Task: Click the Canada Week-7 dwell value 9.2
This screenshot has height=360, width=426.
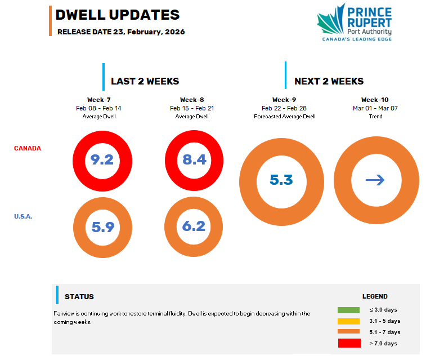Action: coord(102,159)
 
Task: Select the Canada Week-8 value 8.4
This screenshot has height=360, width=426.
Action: coord(195,159)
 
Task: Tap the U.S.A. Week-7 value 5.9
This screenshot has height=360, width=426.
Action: coord(103,227)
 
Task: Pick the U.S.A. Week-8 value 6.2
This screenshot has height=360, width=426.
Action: coord(194,226)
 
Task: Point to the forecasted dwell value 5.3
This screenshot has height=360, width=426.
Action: coord(281,180)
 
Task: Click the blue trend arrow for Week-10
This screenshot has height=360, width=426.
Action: coord(375,180)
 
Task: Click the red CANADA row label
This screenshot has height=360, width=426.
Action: coord(28,148)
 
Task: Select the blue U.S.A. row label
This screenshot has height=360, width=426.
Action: coord(23,216)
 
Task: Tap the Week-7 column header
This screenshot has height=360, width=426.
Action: coord(99,100)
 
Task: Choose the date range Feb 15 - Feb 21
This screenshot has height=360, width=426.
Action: coord(192,108)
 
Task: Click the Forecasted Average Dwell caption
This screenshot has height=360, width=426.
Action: coord(284,117)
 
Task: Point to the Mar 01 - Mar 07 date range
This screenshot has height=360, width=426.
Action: coord(375,108)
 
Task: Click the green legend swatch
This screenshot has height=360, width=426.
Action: coord(348,310)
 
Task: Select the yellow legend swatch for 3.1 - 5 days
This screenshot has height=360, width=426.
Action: coord(348,321)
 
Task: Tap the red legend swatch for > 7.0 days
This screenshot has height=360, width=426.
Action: coord(349,343)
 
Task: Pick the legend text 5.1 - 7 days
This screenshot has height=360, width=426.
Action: coord(385,332)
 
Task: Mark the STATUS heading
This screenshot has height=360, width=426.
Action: coord(79,297)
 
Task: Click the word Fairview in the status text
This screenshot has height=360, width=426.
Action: coord(64,313)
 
